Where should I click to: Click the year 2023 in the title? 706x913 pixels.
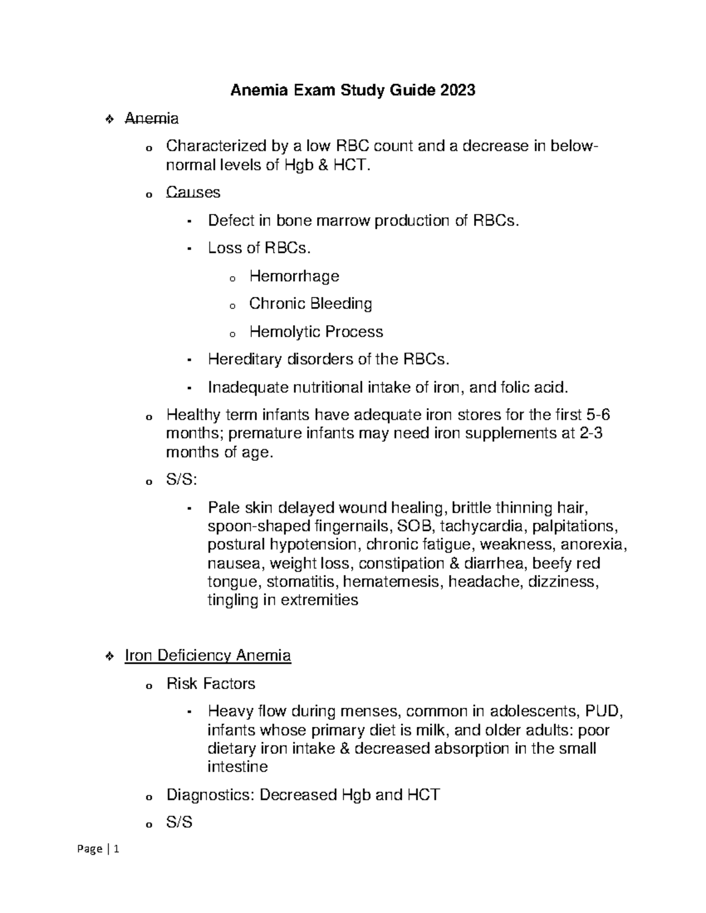pyautogui.click(x=455, y=91)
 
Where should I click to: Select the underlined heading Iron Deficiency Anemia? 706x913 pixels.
pyautogui.click(x=208, y=655)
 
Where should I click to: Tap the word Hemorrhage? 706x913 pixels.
pyautogui.click(x=294, y=276)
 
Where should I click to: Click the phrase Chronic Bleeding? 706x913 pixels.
pyautogui.click(x=310, y=303)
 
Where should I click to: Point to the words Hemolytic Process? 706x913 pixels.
pyautogui.click(x=316, y=332)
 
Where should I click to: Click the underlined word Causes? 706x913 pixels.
pyautogui.click(x=193, y=192)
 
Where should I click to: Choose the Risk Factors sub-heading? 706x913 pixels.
pyautogui.click(x=211, y=683)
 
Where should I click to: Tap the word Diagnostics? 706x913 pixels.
pyautogui.click(x=210, y=795)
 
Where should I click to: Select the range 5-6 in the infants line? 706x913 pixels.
pyautogui.click(x=598, y=415)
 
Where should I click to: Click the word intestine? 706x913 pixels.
pyautogui.click(x=237, y=767)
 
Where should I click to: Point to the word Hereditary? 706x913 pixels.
pyautogui.click(x=245, y=359)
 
